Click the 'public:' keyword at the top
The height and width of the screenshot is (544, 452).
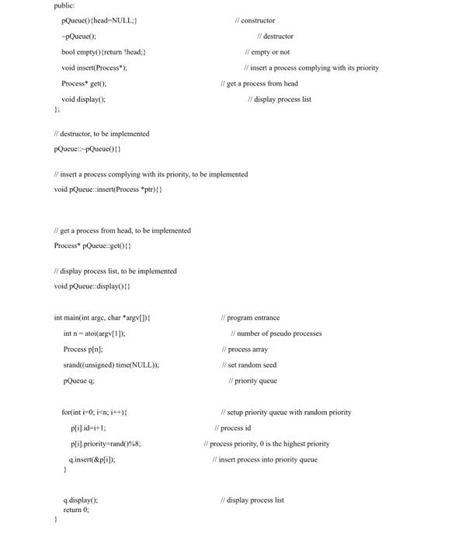[x=64, y=5]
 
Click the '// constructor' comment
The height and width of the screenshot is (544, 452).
[x=256, y=20]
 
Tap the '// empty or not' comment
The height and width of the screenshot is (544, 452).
[x=267, y=52]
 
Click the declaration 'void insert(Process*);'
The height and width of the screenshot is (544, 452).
[x=94, y=68]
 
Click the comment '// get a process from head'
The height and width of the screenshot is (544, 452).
[x=259, y=83]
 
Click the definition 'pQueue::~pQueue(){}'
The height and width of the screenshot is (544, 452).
[x=88, y=149]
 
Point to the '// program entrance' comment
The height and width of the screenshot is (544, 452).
[x=250, y=318]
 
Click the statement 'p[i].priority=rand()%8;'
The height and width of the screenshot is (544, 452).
[x=106, y=444]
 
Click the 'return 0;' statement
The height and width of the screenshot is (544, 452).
[x=76, y=510]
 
